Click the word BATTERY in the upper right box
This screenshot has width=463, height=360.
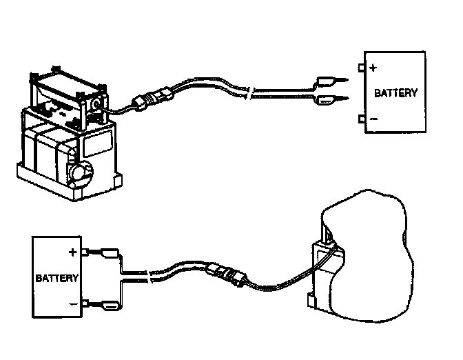pyautogui.click(x=395, y=92)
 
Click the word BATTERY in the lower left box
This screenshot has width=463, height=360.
pyautogui.click(x=56, y=279)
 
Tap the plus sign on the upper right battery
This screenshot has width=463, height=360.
pyautogui.click(x=373, y=68)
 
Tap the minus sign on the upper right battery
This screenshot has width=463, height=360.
pyautogui.click(x=373, y=119)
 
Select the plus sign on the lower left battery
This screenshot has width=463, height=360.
pyautogui.click(x=71, y=252)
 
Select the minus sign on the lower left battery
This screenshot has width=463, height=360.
pyautogui.click(x=71, y=304)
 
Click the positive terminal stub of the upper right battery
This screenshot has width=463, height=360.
pyautogui.click(x=362, y=68)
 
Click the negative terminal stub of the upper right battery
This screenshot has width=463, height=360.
pyautogui.click(x=362, y=119)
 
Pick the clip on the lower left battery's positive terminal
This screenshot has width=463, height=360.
pyautogui.click(x=101, y=252)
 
